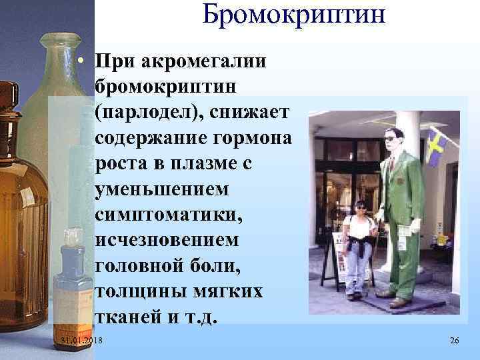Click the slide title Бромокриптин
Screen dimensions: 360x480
pyautogui.click(x=294, y=15)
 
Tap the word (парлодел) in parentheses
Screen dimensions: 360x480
pyautogui.click(x=152, y=113)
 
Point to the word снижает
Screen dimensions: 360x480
pyautogui.click(x=250, y=113)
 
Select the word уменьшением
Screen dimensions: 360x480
pyautogui.click(x=162, y=190)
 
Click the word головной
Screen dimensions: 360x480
pyautogui.click(x=142, y=267)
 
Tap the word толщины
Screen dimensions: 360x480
pyautogui.click(x=139, y=293)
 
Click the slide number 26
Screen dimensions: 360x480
pyautogui.click(x=455, y=341)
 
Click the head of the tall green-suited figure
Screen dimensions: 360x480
pyautogui.click(x=393, y=139)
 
